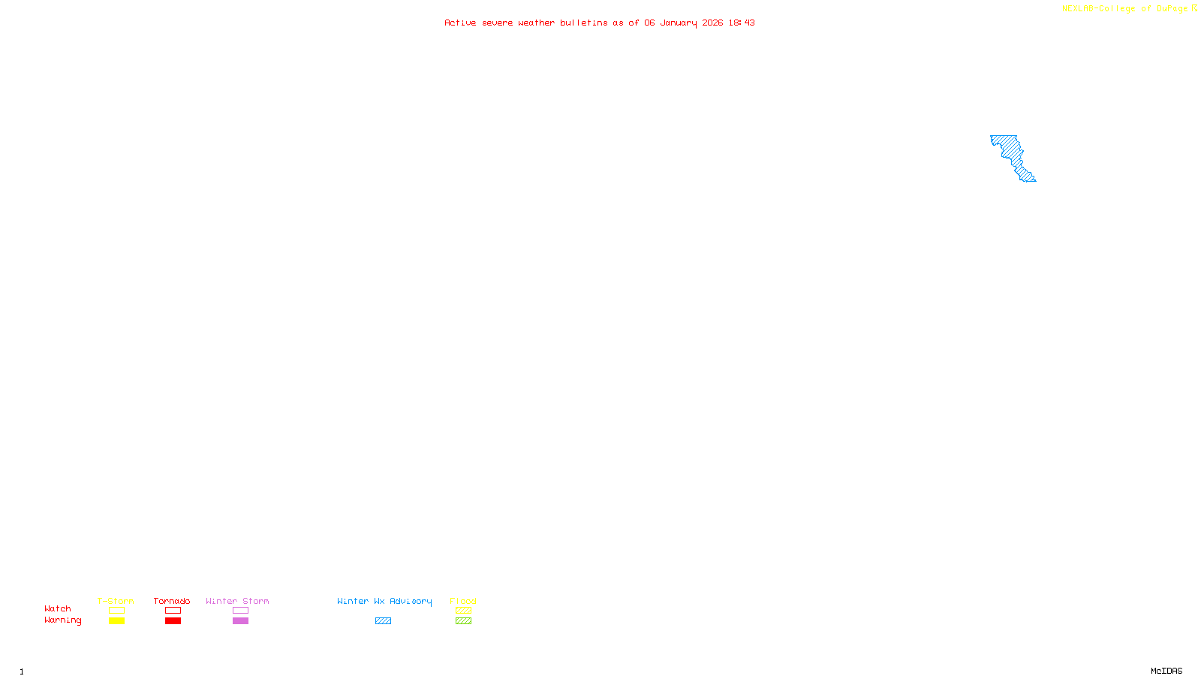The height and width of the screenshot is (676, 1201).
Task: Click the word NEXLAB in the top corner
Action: click(1079, 9)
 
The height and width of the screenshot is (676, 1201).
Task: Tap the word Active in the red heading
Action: click(460, 23)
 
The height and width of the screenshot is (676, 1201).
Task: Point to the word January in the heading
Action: click(678, 23)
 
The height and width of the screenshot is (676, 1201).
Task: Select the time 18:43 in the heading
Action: click(741, 23)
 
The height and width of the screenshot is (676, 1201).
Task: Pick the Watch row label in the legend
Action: click(58, 608)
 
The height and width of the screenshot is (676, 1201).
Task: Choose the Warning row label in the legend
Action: click(62, 620)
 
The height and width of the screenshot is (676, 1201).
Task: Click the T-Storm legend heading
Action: click(116, 601)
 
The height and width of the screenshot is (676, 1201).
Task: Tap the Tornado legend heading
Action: click(172, 601)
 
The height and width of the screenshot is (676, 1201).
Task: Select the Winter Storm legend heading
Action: click(237, 601)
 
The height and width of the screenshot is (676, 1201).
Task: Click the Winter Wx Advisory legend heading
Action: click(384, 601)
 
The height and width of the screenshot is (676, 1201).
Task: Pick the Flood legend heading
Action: click(463, 601)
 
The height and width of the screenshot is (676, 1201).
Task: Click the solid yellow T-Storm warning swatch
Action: click(116, 621)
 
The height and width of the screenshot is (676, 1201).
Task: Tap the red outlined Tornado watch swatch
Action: click(173, 611)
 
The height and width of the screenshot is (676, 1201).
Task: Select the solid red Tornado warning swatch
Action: click(173, 621)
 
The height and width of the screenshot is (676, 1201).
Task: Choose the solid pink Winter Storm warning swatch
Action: click(240, 621)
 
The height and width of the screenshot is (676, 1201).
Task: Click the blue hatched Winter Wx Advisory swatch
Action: click(383, 621)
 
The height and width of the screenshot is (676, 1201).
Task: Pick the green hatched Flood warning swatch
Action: click(463, 621)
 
